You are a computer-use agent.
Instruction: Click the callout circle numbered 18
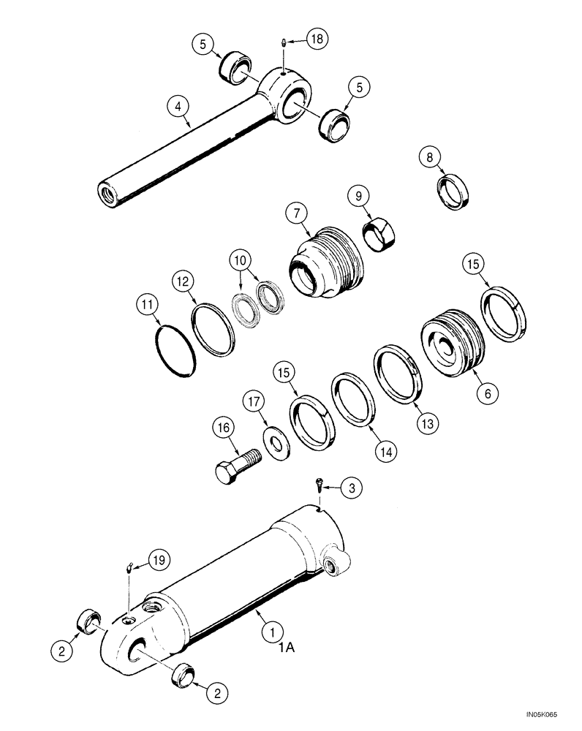317,39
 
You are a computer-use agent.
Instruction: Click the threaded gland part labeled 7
325,263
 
